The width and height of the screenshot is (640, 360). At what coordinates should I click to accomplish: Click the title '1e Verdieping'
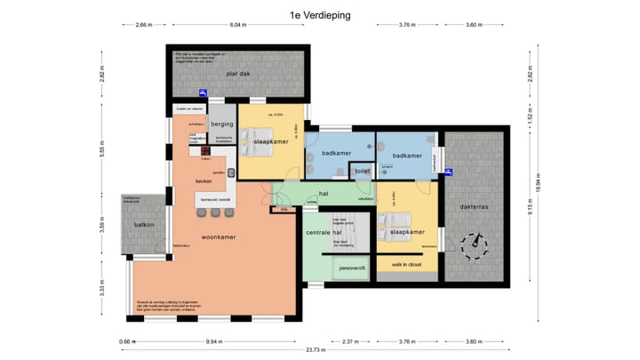319,15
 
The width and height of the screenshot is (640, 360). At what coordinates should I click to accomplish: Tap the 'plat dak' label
236,74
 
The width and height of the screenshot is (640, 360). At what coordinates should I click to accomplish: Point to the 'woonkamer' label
218,237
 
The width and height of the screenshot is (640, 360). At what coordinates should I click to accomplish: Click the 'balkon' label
144,225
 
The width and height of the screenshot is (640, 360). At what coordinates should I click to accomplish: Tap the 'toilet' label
362,170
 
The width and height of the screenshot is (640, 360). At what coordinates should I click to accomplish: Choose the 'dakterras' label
478,209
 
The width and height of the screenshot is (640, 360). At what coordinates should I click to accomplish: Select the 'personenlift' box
352,267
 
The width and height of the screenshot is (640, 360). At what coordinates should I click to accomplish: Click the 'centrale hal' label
317,233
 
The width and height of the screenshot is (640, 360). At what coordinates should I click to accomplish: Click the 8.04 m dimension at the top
237,25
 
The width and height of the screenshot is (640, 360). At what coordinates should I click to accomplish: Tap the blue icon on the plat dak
204,92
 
